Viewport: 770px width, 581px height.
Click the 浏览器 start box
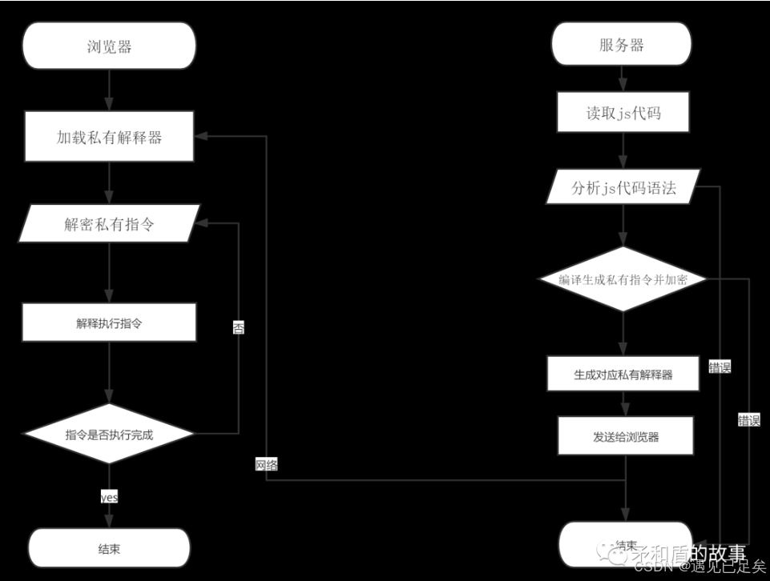point(109,46)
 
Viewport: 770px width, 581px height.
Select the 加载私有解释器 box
point(109,137)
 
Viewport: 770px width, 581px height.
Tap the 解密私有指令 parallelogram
point(109,224)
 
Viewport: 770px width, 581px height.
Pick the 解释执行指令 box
point(109,323)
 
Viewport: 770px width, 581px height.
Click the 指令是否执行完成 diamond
point(109,435)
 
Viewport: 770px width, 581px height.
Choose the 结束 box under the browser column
point(109,548)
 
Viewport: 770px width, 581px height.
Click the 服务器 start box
point(621,45)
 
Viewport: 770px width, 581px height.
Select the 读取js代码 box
point(623,113)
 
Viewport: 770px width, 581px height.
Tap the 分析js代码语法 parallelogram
point(623,188)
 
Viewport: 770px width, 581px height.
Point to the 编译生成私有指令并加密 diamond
point(623,278)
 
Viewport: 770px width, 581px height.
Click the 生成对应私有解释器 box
point(623,374)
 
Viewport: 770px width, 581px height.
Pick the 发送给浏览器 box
point(623,437)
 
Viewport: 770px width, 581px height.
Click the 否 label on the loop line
point(239,327)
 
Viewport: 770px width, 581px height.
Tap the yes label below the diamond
point(109,497)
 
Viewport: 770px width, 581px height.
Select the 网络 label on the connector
point(267,464)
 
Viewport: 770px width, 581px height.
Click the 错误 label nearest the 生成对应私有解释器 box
point(720,367)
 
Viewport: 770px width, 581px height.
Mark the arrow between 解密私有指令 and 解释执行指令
point(109,273)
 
